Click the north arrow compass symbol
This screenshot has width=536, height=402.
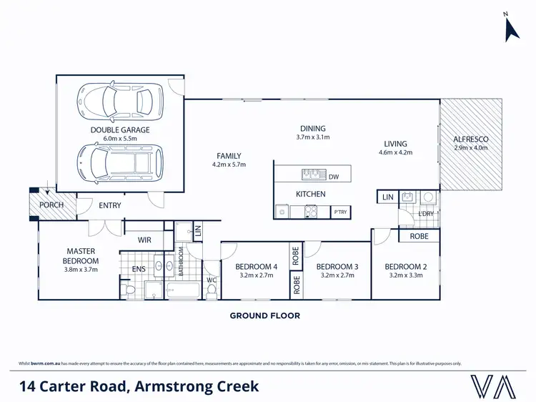tap(512, 28)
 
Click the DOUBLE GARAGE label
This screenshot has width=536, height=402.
tap(119, 129)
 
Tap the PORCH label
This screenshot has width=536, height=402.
tap(51, 205)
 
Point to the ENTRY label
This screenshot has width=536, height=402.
tap(110, 206)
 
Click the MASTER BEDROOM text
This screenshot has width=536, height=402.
tap(82, 255)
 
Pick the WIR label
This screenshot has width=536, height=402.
tap(144, 240)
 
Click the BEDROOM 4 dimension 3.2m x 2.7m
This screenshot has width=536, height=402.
tap(255, 275)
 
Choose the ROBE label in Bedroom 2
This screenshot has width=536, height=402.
tap(419, 236)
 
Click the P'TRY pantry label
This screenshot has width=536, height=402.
tap(341, 212)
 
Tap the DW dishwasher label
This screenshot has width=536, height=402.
tap(334, 175)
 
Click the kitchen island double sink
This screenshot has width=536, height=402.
tap(311, 174)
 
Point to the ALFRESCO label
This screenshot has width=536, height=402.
tap(470, 139)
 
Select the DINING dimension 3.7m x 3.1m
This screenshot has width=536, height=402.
tap(312, 137)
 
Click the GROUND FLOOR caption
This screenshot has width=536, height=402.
tap(264, 315)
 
